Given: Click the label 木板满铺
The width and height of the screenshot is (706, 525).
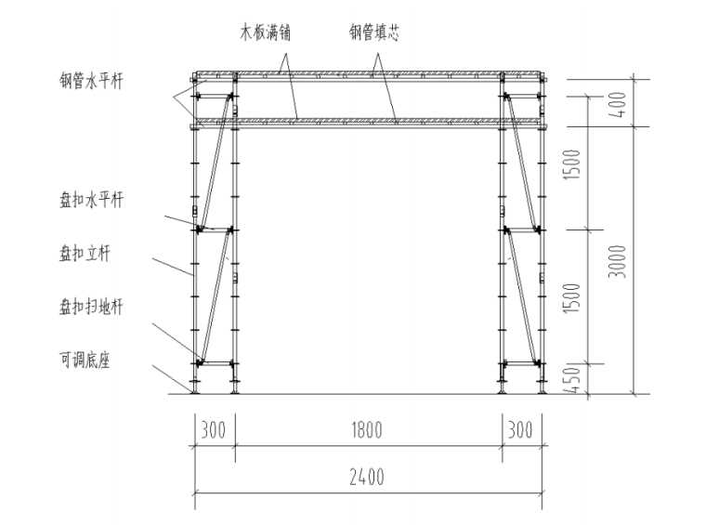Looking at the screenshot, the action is (265, 33).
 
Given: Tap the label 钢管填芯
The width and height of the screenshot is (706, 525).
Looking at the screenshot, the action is (374, 33).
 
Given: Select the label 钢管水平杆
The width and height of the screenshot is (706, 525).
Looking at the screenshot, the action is (91, 81).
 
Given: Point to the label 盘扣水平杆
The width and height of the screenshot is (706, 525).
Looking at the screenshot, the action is (91, 200).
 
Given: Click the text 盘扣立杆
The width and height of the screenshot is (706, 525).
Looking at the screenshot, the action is (85, 254).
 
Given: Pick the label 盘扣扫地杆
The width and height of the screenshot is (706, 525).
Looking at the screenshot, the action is (91, 307).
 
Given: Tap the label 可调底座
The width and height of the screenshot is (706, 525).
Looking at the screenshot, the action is (85, 360).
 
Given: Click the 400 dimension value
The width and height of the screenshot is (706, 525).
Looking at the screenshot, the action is (619, 104).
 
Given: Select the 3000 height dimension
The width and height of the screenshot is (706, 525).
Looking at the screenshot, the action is (618, 261).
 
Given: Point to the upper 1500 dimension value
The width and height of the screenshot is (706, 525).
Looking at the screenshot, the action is (573, 164).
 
